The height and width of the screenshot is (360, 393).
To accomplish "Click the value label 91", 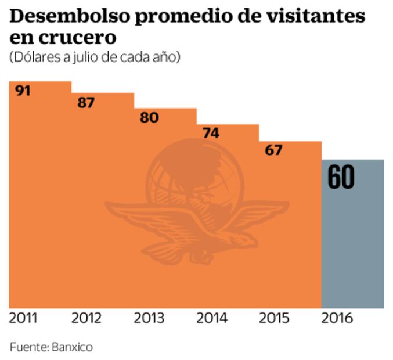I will click(x=23, y=91).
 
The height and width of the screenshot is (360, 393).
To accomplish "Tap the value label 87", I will click(x=86, y=103).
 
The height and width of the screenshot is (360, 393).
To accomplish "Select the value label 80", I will click(x=149, y=118).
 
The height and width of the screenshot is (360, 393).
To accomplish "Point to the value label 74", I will click(x=211, y=133).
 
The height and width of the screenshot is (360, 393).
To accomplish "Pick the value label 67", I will click(x=273, y=150).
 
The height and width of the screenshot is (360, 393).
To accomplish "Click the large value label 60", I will click(x=341, y=178).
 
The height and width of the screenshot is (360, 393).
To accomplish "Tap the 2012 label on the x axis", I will click(x=86, y=318).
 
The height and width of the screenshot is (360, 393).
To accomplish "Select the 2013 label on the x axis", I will click(x=149, y=318).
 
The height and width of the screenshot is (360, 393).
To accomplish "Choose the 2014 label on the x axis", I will click(x=212, y=318).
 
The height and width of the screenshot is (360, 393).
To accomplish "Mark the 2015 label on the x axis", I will click(x=275, y=318).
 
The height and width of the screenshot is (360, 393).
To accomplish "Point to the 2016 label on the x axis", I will click(x=337, y=318).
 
